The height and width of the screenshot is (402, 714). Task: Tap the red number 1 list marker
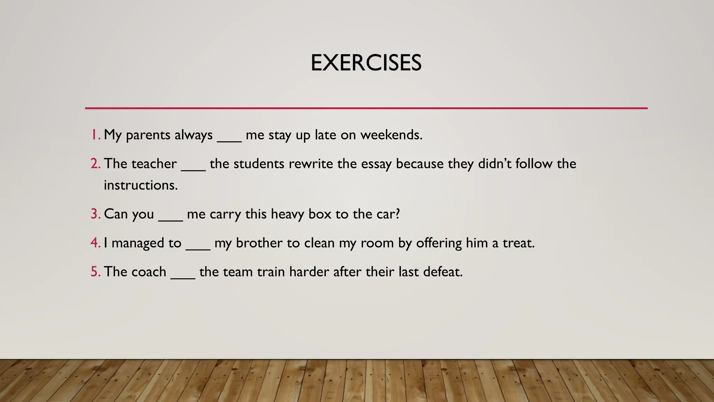pos(95,135)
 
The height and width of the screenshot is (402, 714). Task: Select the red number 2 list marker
pos(95,164)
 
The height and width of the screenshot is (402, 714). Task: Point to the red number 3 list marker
pos(95,214)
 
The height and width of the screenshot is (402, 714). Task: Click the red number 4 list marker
pos(95,243)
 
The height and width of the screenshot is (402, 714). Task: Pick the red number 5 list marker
pos(95,272)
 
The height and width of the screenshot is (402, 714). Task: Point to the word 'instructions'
pos(140,185)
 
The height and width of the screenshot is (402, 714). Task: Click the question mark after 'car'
pos(397,214)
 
